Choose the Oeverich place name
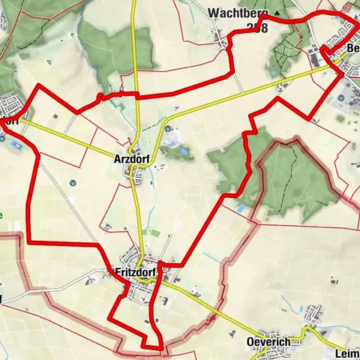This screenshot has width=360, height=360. click(x=268, y=342)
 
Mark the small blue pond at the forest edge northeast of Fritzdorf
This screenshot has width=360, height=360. click(x=240, y=209)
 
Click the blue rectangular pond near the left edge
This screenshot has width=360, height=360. click(x=17, y=145)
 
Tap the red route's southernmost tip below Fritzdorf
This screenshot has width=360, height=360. click(x=160, y=347)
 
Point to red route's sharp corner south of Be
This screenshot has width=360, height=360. click(x=309, y=115)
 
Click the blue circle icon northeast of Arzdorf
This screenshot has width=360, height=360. click(x=166, y=127)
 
